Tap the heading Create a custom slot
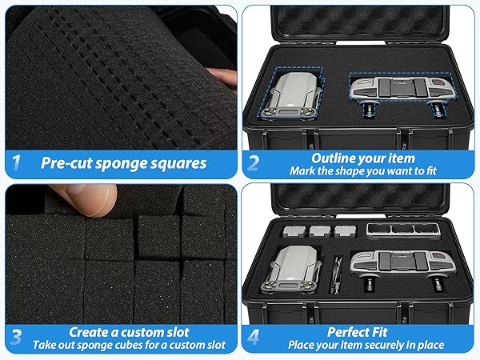(x=125, y=331)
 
